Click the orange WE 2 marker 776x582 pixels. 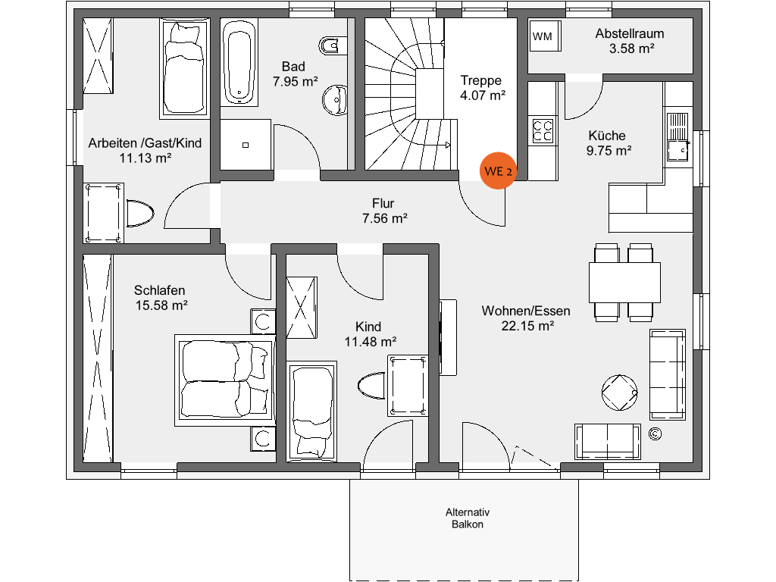tap(497, 171)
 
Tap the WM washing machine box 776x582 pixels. tap(545, 36)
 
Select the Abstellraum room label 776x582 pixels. tap(630, 33)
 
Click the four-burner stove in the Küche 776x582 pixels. tap(543, 130)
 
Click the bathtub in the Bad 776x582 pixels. tap(239, 62)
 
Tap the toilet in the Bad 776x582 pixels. tap(329, 46)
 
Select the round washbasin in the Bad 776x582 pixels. tap(335, 100)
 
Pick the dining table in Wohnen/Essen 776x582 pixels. tap(624, 283)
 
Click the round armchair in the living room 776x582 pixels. tap(619, 393)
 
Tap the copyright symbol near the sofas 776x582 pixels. tap(655, 434)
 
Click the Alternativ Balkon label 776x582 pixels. tap(467, 518)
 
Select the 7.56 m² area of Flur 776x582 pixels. tap(384, 218)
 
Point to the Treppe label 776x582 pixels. tap(481, 80)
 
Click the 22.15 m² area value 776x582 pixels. tap(527, 326)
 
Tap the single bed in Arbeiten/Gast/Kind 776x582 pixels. tap(185, 69)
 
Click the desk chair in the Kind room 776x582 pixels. tap(371, 385)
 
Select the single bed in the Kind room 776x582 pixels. tap(311, 411)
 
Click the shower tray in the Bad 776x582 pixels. tap(246, 145)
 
